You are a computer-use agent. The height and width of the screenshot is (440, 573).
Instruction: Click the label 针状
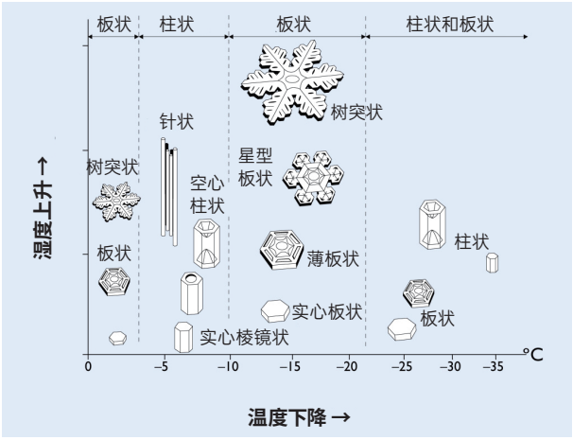click(x=177, y=122)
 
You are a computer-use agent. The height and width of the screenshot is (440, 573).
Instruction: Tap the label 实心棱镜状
click(x=244, y=336)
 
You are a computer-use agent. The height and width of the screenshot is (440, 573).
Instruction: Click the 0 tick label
click(x=88, y=366)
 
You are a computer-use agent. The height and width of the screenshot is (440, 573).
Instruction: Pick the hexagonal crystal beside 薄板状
click(x=282, y=249)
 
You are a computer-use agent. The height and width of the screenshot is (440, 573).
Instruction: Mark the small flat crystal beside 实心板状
click(x=275, y=310)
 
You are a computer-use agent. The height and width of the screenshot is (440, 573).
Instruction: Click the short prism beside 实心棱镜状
click(x=183, y=337)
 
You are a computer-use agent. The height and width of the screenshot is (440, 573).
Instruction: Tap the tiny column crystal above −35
click(x=492, y=262)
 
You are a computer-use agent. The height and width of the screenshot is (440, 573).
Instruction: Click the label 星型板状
click(x=254, y=167)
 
